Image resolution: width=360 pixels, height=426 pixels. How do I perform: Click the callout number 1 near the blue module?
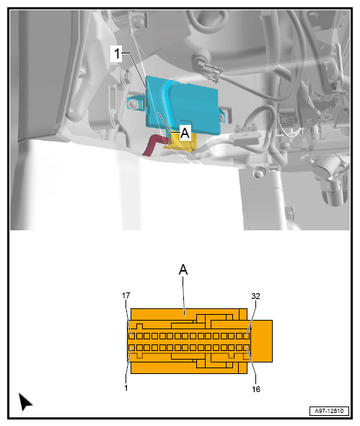117,53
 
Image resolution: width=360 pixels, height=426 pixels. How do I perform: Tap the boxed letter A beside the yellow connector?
185,133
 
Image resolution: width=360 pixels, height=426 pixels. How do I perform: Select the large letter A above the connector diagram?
183,270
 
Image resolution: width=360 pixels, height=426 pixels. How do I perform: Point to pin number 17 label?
126,295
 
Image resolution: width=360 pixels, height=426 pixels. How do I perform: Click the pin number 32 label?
255,296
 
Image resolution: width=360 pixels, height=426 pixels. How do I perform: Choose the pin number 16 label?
256,389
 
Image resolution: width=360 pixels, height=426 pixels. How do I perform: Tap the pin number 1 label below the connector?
126,388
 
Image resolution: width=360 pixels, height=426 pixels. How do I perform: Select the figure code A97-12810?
329,411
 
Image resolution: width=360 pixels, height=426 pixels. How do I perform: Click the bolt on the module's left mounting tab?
133,104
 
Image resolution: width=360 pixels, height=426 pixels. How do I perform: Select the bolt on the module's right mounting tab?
222,117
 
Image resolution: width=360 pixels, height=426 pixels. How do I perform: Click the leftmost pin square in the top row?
132,336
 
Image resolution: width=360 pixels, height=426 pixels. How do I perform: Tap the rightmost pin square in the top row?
246,336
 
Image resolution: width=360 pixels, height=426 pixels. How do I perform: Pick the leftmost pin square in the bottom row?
132,347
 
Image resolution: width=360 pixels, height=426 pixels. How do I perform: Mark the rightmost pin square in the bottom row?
246,347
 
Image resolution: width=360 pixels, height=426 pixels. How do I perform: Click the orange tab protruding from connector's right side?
262,341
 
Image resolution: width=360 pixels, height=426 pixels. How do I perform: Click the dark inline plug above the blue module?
211,71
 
